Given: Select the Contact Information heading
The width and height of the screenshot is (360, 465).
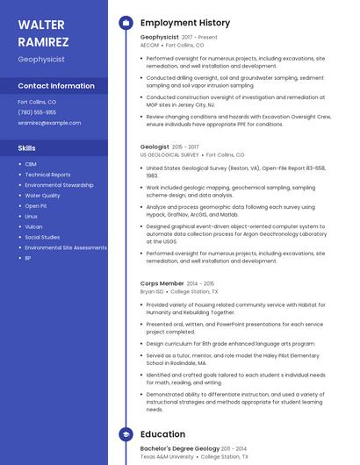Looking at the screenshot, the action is (x=56, y=86).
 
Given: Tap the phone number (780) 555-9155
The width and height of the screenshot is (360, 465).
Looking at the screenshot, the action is (x=37, y=112).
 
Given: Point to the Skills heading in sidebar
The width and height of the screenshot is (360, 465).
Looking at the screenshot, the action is (x=27, y=148).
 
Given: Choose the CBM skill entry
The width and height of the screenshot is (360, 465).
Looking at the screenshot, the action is (x=31, y=164).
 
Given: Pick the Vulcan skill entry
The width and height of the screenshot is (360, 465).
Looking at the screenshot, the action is (x=33, y=226).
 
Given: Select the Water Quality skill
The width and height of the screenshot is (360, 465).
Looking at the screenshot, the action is (x=42, y=196).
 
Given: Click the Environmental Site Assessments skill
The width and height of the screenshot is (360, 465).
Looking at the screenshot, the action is (x=66, y=247).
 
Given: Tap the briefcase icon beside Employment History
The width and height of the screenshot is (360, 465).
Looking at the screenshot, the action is (x=126, y=23).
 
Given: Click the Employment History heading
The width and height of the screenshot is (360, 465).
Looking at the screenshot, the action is (x=185, y=23).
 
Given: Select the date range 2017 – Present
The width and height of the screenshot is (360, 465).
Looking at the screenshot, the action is (x=199, y=38).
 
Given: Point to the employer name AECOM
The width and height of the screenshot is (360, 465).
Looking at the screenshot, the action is (x=150, y=45).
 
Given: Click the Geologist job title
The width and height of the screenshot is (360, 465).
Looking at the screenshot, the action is (x=155, y=147).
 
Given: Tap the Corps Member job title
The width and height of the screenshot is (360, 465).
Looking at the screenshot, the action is (x=162, y=283).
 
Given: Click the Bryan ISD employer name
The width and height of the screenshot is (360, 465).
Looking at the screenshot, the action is (x=152, y=291).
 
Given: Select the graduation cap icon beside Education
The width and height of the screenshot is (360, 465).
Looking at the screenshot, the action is (x=126, y=434).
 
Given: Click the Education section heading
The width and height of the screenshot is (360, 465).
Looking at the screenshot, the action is (x=162, y=434).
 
